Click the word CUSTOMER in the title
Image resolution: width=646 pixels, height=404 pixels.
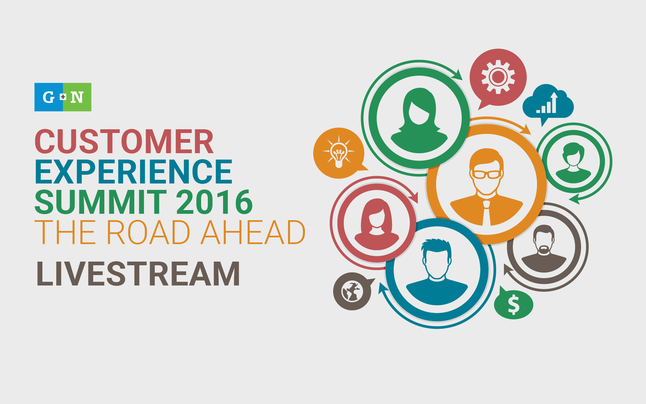(124, 141)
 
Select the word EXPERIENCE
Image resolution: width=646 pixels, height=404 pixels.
(134, 172)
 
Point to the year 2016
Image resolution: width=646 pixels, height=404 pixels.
(214, 202)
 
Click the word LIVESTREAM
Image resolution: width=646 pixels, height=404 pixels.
(138, 274)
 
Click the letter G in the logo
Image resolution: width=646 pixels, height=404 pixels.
(48, 97)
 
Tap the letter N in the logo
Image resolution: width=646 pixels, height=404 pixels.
(77, 97)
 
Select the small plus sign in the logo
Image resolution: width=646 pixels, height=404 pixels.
(63, 97)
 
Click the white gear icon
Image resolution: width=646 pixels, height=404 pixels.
(498, 77)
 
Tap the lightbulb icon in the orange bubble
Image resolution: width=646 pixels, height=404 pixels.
(339, 153)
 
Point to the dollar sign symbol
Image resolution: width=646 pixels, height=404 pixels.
(513, 305)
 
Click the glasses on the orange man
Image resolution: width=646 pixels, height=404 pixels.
(487, 174)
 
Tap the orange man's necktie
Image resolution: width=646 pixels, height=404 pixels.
(486, 213)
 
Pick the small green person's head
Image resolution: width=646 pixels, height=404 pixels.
(573, 154)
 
